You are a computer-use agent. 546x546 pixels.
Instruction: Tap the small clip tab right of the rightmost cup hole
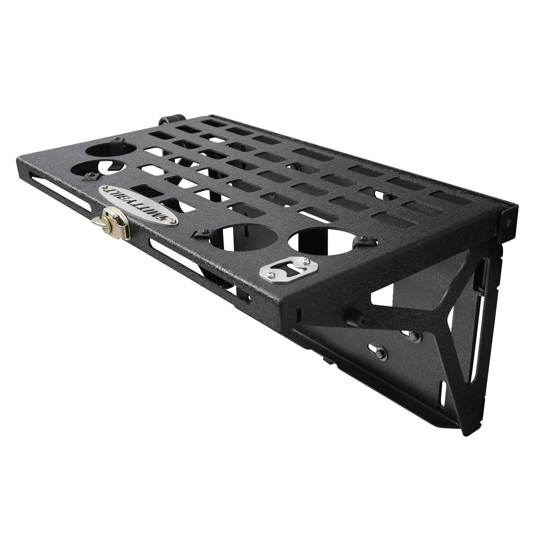(362, 243)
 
